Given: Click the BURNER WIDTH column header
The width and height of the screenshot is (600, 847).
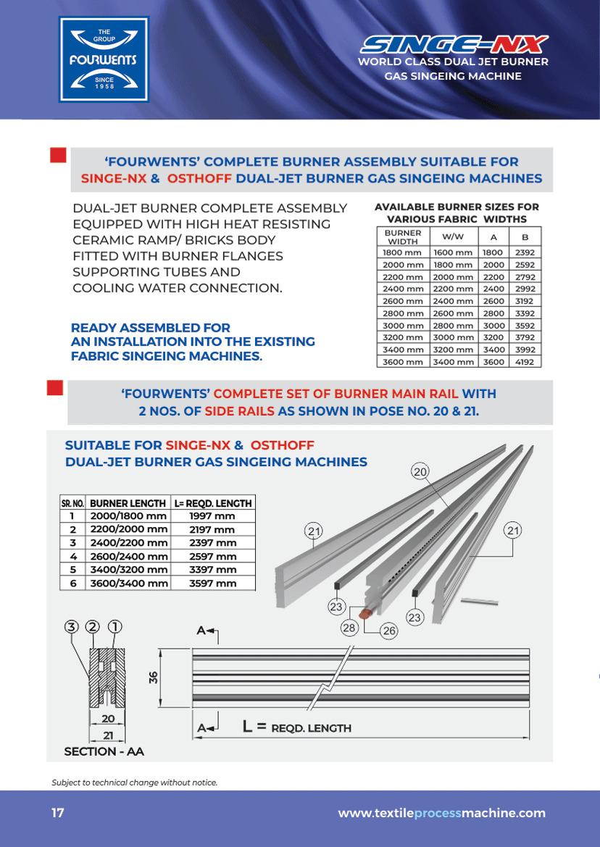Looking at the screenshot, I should [x=403, y=237].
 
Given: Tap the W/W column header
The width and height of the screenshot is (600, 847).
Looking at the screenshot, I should [x=453, y=237].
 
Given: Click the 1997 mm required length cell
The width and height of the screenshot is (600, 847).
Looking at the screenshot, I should [x=212, y=516].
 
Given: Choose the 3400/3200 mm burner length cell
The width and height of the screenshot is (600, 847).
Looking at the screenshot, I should [x=128, y=570].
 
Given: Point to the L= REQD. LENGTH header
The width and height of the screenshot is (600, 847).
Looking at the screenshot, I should [x=213, y=503].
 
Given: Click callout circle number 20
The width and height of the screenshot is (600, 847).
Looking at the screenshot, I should [x=420, y=472].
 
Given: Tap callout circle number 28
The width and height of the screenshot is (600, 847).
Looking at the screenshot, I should [x=349, y=628].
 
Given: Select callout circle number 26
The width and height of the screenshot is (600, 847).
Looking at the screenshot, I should [x=389, y=631].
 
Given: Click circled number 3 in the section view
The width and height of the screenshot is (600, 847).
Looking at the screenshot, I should [x=71, y=626].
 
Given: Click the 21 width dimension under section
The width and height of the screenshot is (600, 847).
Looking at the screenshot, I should [x=109, y=735].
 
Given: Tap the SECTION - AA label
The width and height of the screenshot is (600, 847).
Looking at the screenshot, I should [x=104, y=751].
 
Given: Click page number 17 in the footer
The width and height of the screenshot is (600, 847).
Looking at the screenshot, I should [x=58, y=813].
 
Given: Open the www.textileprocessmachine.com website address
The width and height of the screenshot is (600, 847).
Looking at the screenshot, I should [x=441, y=813].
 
